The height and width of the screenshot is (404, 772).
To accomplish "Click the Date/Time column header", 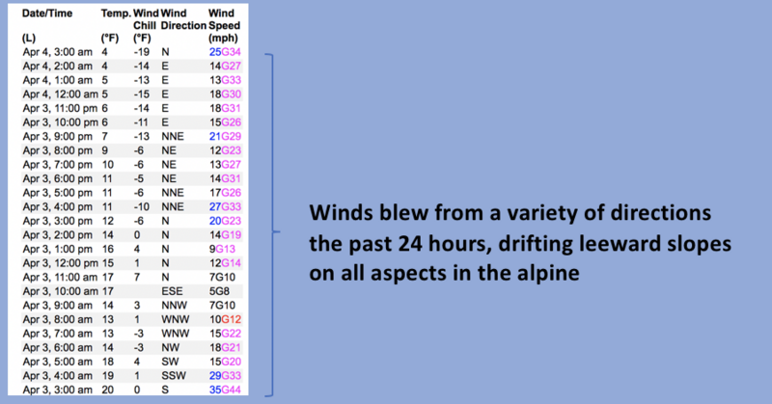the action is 47,13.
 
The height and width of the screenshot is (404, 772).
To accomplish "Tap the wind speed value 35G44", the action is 225,390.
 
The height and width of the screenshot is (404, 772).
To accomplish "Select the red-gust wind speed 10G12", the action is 225,319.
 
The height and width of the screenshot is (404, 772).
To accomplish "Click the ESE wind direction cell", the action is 172,291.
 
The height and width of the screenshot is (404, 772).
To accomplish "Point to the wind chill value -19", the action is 141,52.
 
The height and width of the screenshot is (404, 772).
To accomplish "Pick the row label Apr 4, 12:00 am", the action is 60,94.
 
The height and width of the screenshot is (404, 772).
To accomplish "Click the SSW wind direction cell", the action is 174,376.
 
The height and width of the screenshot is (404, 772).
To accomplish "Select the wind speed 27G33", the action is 225,206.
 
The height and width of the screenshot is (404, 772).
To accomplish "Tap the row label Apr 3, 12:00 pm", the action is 60,263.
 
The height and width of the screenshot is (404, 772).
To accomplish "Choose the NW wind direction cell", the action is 171,347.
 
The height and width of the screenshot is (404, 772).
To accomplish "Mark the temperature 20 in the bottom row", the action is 107,390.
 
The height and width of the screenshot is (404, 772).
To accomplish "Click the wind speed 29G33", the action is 225,376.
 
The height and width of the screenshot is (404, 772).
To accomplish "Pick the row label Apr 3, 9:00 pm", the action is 57,136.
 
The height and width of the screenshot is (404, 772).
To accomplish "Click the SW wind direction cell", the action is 170,362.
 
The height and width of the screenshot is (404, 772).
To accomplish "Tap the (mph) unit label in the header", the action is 223,38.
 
